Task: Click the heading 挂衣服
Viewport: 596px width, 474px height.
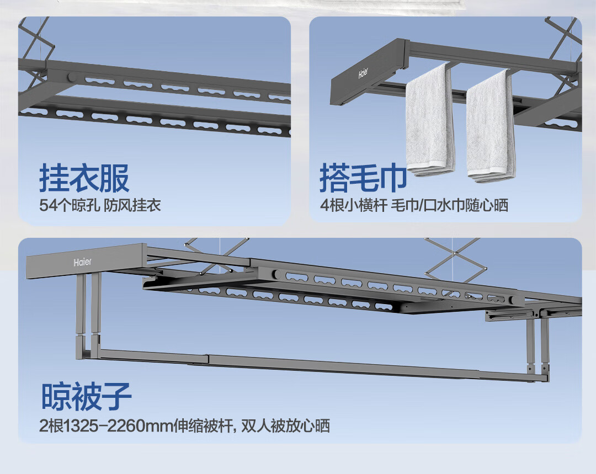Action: click(84, 178)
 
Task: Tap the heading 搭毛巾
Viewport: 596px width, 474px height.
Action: click(363, 178)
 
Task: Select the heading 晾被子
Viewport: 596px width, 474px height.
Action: click(86, 396)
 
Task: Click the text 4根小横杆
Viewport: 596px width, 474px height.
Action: click(354, 205)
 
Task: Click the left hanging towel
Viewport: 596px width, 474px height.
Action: click(429, 121)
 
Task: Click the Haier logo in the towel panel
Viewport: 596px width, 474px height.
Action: click(363, 73)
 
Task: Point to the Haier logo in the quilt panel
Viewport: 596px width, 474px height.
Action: click(82, 262)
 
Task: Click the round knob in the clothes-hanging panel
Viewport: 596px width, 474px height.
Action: click(71, 78)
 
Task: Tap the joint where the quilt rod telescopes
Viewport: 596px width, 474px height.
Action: click(208, 360)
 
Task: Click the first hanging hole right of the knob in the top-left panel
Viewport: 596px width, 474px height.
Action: click(100, 81)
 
